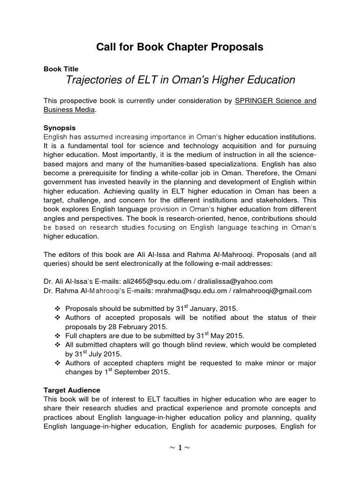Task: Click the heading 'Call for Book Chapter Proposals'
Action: coord(180,47)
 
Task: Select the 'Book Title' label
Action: coord(61,69)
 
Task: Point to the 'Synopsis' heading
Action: coord(60,127)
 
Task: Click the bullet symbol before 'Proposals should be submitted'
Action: coord(57,309)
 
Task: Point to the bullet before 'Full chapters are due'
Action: coord(57,336)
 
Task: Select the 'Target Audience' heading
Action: coord(72,390)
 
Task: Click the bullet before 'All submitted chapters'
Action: coord(57,345)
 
